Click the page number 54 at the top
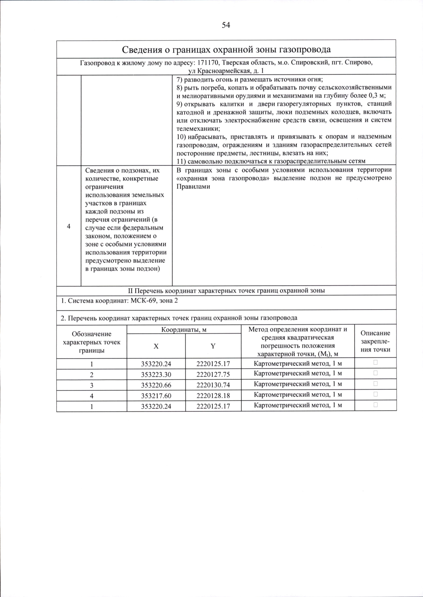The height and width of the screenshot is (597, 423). (226, 25)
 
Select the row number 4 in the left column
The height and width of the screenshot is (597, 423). (69, 226)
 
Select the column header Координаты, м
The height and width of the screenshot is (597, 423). (184, 330)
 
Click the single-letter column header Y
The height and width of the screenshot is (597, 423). (213, 346)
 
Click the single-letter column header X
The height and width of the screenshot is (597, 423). (156, 346)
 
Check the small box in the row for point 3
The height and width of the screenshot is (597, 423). (375, 384)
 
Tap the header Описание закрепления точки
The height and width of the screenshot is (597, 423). (375, 341)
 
